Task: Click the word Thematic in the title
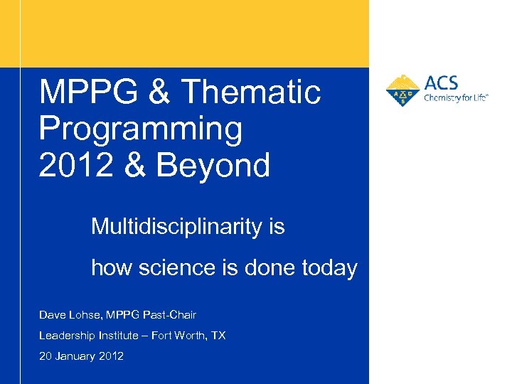(251, 92)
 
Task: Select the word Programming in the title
(141, 129)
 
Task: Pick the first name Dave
(51, 314)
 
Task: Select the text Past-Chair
(171, 314)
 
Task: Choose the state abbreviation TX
(218, 335)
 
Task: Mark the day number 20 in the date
(46, 356)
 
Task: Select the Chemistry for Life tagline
(456, 99)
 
